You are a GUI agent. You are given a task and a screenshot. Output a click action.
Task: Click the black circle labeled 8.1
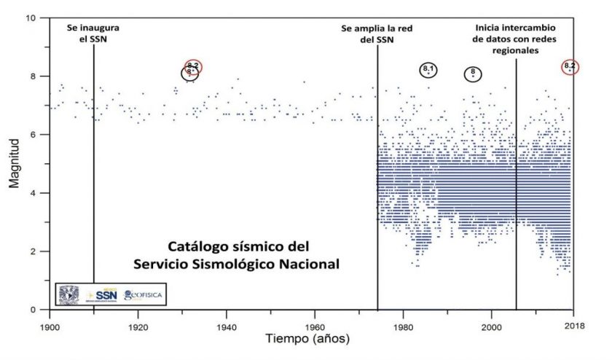pyautogui.click(x=428, y=70)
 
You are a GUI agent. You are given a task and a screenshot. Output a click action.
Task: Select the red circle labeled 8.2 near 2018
pyautogui.click(x=570, y=66)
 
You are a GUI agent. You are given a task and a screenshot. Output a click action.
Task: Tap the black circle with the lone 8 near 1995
pyautogui.click(x=473, y=73)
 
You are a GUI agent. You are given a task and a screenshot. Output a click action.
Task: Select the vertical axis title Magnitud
pyautogui.click(x=15, y=164)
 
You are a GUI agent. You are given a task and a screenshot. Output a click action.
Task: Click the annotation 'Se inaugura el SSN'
pyautogui.click(x=94, y=34)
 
